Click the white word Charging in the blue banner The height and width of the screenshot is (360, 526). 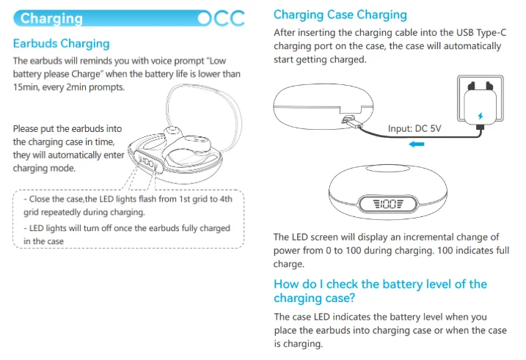pyautogui.click(x=51, y=18)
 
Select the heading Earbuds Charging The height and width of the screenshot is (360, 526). pyautogui.click(x=61, y=44)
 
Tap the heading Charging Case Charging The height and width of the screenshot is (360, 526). pyautogui.click(x=340, y=15)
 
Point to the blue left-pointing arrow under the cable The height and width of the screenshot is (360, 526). pyautogui.click(x=417, y=144)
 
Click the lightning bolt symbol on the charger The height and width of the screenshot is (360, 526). pyautogui.click(x=480, y=116)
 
